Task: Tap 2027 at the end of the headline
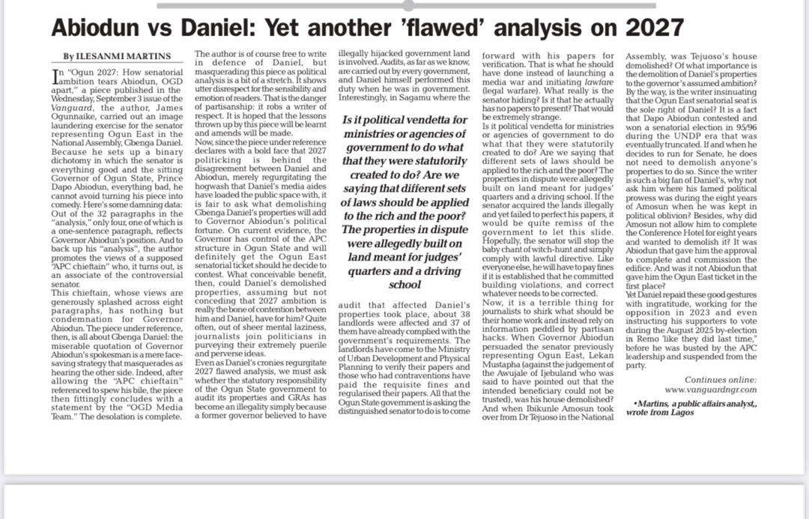pyautogui.click(x=654, y=28)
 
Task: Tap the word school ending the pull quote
pyautogui.click(x=404, y=285)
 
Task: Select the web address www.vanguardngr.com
pyautogui.click(x=711, y=389)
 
